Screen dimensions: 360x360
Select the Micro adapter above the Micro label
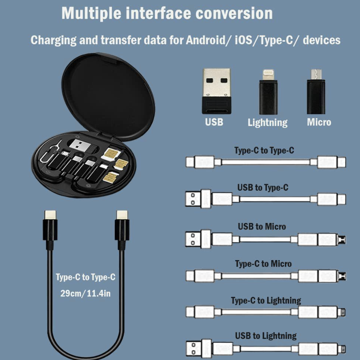(x=316, y=92)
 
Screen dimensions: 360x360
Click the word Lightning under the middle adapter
(x=268, y=122)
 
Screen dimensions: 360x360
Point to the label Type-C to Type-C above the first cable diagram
(x=264, y=151)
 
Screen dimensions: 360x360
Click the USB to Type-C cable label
(x=263, y=188)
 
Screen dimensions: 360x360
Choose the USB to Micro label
(x=262, y=226)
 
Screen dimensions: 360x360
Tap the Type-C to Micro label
(x=263, y=263)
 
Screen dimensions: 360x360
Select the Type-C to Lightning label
(x=266, y=301)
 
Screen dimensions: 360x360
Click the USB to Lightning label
(x=266, y=336)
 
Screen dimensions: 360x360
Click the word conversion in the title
(x=234, y=13)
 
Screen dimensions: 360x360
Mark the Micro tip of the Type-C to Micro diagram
(x=341, y=276)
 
